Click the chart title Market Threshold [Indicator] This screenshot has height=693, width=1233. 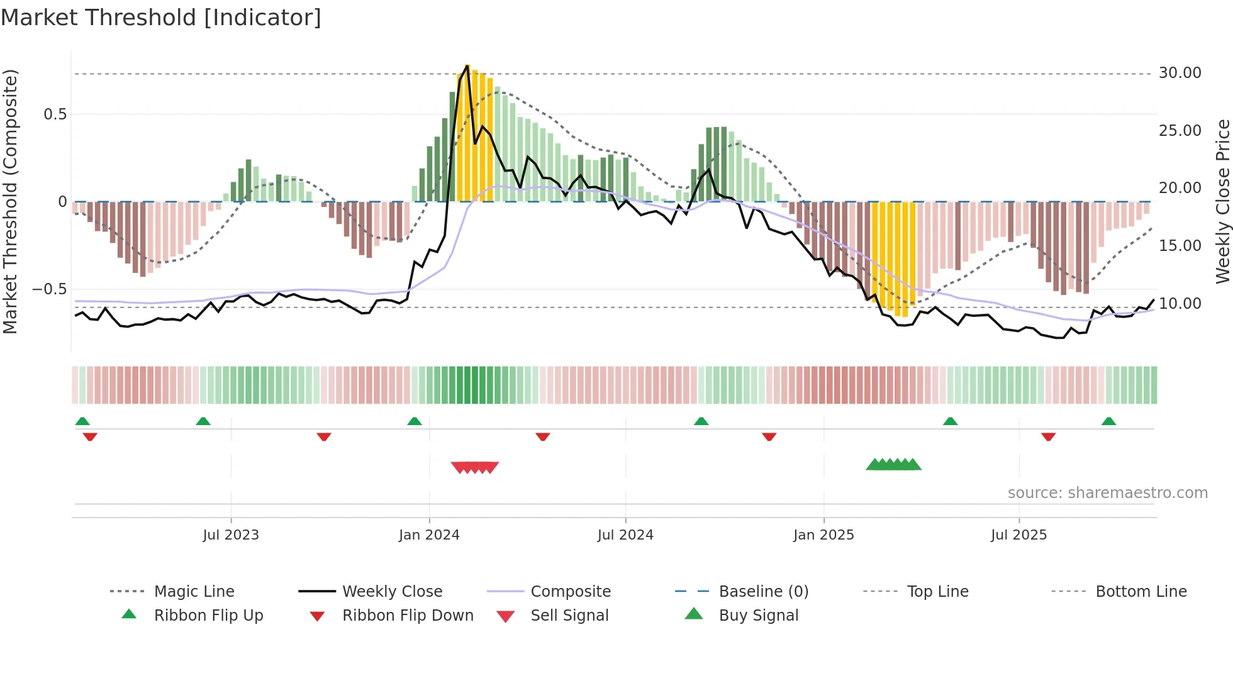(x=161, y=18)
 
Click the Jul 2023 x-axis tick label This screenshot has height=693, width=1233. (x=231, y=535)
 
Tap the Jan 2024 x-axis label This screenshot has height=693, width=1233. (x=429, y=535)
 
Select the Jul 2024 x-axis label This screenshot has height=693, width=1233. (x=625, y=535)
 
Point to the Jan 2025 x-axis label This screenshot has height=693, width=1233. (x=823, y=535)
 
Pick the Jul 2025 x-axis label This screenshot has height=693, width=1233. (x=1018, y=535)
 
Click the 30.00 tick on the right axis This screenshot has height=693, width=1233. (x=1180, y=73)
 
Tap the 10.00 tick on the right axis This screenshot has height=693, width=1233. (x=1180, y=304)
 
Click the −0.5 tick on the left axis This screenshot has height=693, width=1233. (x=49, y=289)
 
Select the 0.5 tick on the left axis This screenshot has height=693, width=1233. (x=55, y=114)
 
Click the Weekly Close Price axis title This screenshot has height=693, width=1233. (x=1222, y=201)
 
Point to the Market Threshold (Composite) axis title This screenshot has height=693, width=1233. (x=10, y=201)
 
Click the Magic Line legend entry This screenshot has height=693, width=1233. (x=194, y=592)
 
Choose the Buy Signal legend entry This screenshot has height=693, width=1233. (x=758, y=616)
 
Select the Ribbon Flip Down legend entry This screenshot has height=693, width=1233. (x=407, y=616)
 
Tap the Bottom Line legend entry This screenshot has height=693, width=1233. (x=1141, y=592)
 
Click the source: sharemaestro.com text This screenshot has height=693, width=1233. (x=1107, y=493)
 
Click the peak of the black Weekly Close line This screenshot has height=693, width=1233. (x=467, y=65)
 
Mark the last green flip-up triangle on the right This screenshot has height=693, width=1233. (x=1108, y=421)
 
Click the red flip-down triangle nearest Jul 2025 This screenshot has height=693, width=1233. (x=1048, y=436)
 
